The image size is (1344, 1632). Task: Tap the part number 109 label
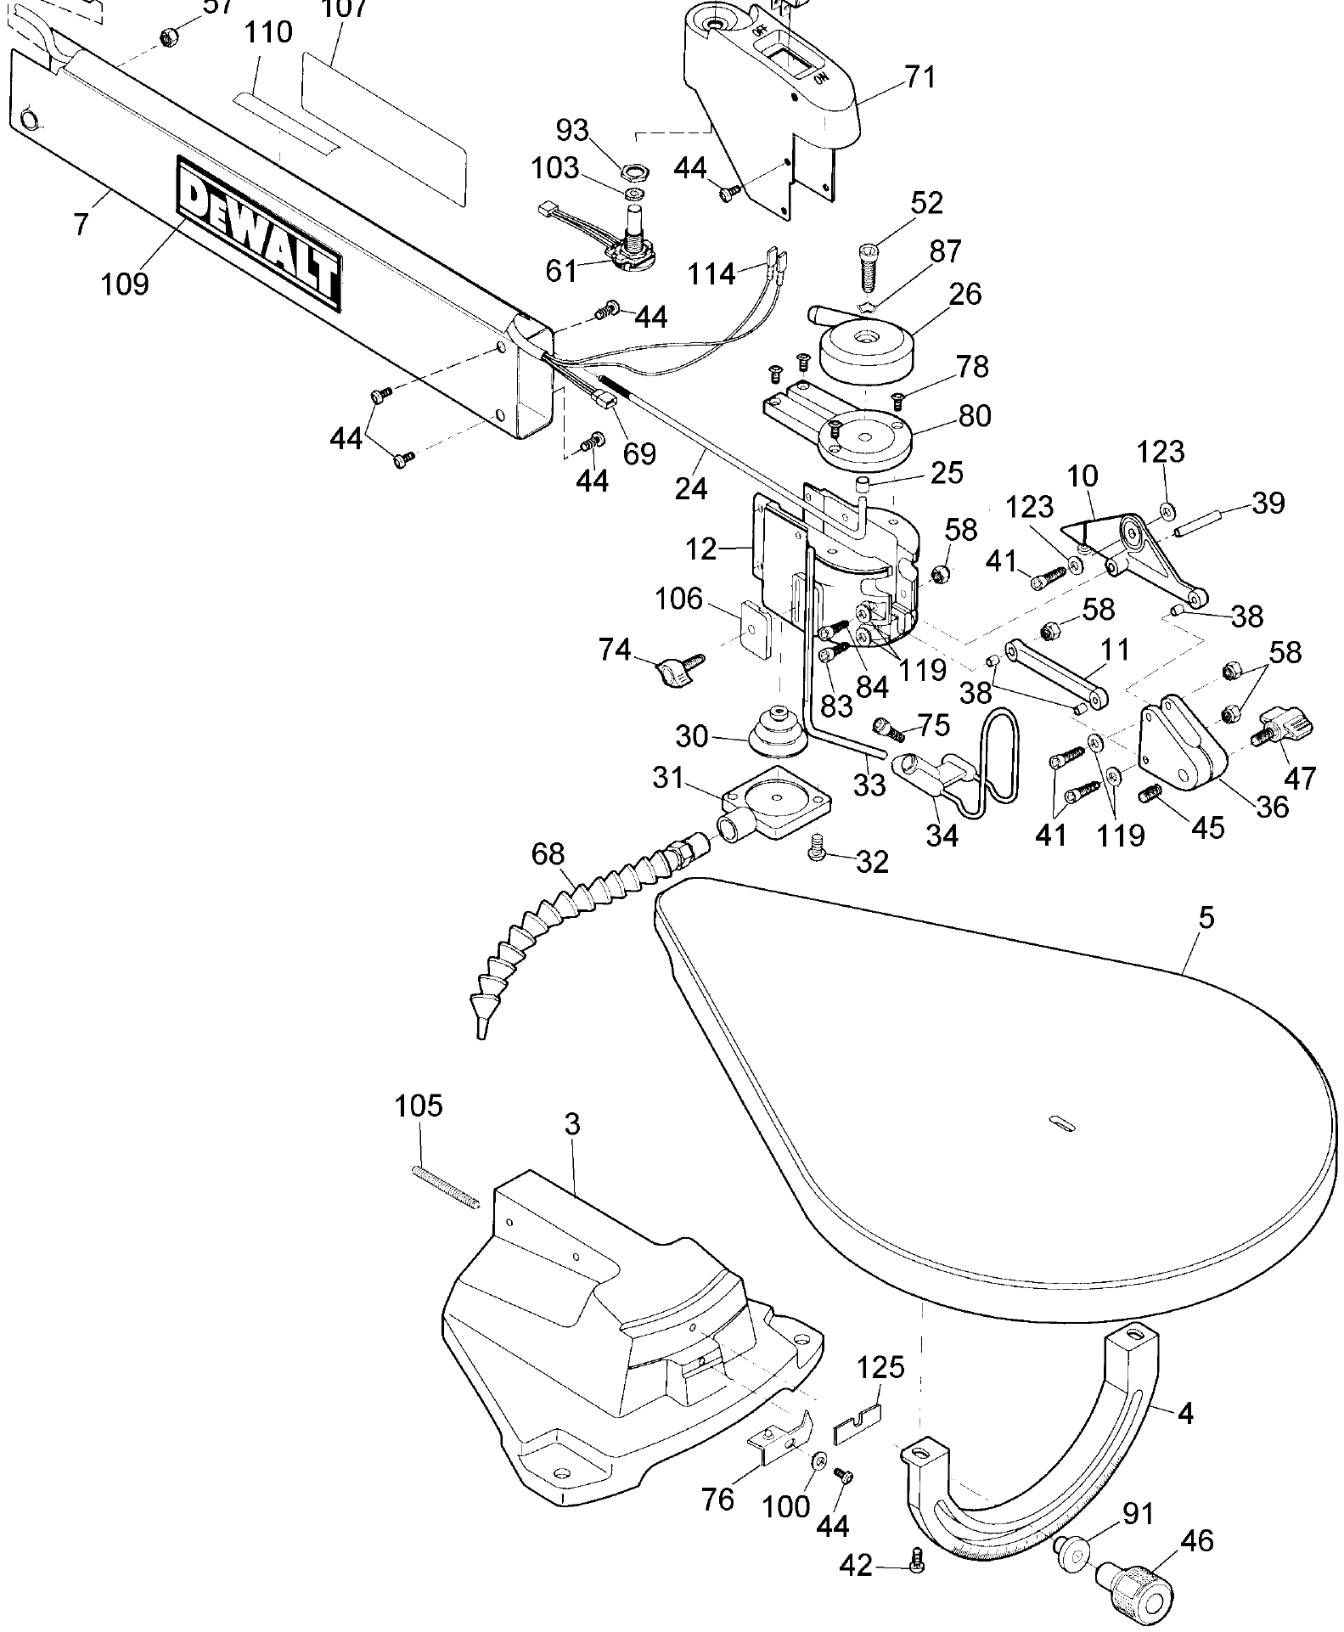[125, 283]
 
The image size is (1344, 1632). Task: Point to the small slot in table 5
[1061, 1122]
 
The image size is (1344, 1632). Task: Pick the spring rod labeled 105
[446, 1185]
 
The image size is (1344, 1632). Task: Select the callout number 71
[919, 77]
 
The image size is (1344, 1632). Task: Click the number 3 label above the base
[572, 1124]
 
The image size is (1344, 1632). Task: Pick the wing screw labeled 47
[1283, 728]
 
